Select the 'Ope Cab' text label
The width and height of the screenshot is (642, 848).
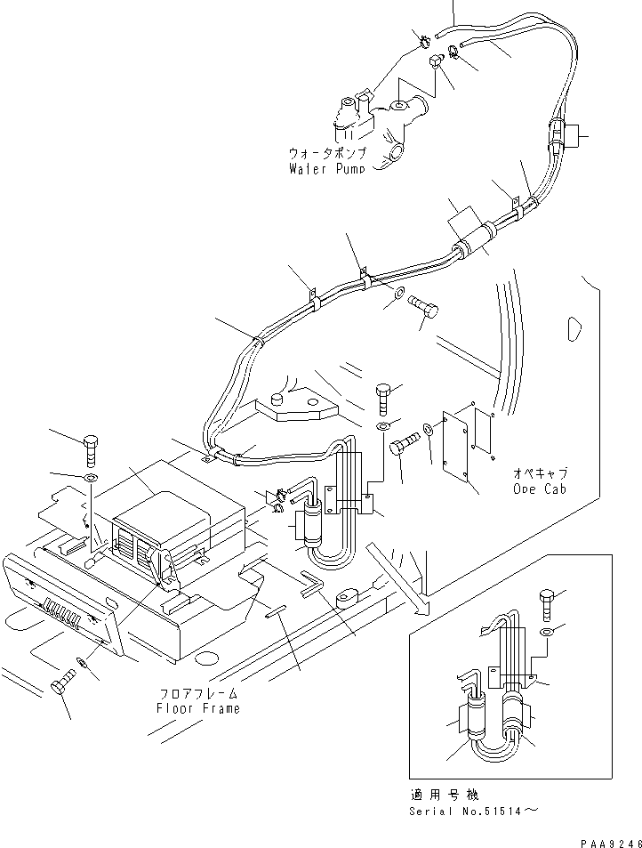(x=540, y=489)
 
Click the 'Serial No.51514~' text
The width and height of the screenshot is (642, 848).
(x=472, y=810)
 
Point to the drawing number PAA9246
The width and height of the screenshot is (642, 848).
(x=607, y=839)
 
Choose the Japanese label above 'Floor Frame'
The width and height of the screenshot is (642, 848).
(x=200, y=693)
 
